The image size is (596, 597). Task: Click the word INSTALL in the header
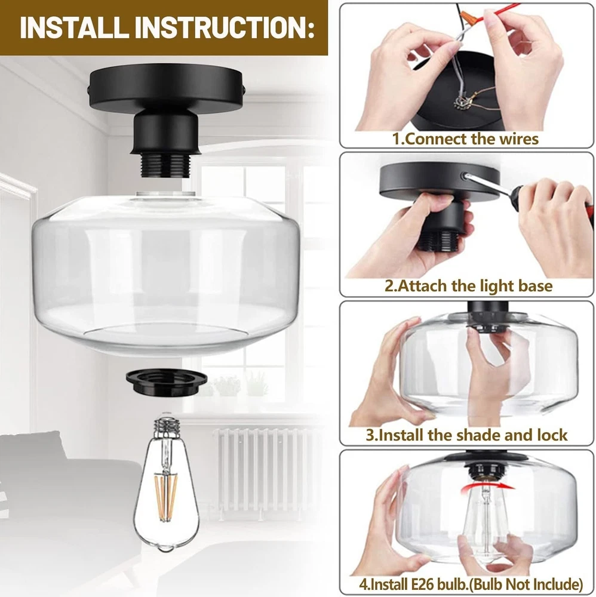click(x=73, y=27)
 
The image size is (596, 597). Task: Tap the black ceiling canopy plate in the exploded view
click(x=167, y=89)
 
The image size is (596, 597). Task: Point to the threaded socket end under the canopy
click(x=165, y=165)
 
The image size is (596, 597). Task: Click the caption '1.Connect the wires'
click(x=465, y=139)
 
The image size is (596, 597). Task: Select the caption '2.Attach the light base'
click(x=468, y=286)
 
